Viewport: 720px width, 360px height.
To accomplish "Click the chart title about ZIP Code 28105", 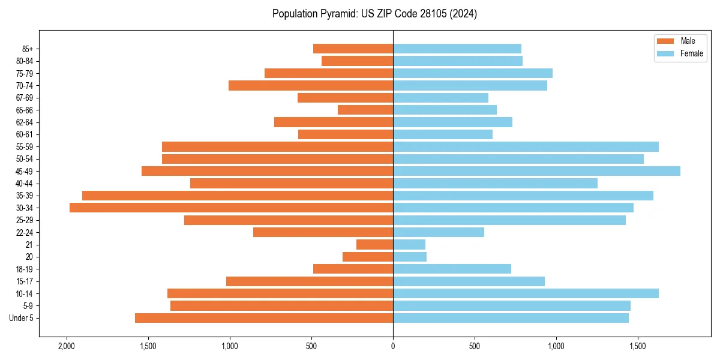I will pyautogui.click(x=374, y=14).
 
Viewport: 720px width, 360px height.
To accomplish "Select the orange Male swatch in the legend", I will pyautogui.click(x=665, y=41).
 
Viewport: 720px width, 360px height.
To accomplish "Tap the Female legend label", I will pyautogui.click(x=691, y=53).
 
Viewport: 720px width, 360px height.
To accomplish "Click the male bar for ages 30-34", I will pyautogui.click(x=231, y=208).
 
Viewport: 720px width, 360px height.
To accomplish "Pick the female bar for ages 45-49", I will pyautogui.click(x=536, y=171).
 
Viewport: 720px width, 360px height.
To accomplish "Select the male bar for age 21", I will pyautogui.click(x=374, y=245).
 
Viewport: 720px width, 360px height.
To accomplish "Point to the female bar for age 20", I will pyautogui.click(x=410, y=257).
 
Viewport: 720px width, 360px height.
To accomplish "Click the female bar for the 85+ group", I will pyautogui.click(x=457, y=49).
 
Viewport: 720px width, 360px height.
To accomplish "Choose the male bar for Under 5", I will pyautogui.click(x=264, y=318).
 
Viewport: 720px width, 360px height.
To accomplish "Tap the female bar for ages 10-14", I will pyautogui.click(x=526, y=293).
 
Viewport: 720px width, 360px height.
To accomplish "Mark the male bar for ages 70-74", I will pyautogui.click(x=311, y=85).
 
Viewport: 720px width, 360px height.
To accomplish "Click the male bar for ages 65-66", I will pyautogui.click(x=365, y=110).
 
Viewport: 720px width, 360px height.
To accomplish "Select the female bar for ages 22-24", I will pyautogui.click(x=439, y=232).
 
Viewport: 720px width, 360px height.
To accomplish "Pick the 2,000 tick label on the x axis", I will pyautogui.click(x=66, y=346).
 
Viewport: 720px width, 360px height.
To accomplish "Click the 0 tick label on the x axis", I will pyautogui.click(x=393, y=346).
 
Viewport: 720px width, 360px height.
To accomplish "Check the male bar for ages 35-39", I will pyautogui.click(x=238, y=196).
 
